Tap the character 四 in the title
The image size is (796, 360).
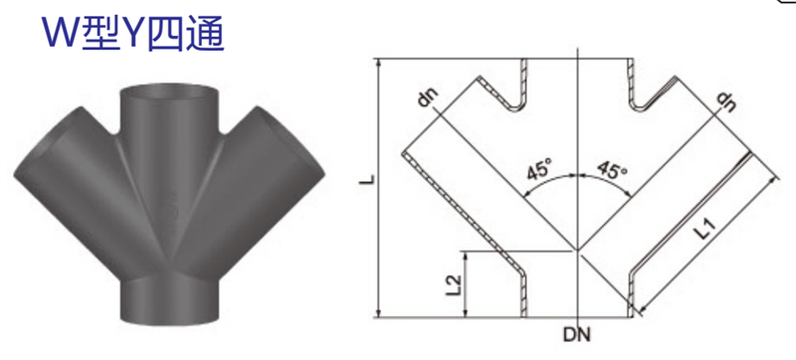166,33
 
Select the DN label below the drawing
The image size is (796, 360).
577,335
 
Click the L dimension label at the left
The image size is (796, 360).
368,179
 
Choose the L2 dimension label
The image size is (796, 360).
455,284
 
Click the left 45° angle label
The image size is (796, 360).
539,169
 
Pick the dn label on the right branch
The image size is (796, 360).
726,101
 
